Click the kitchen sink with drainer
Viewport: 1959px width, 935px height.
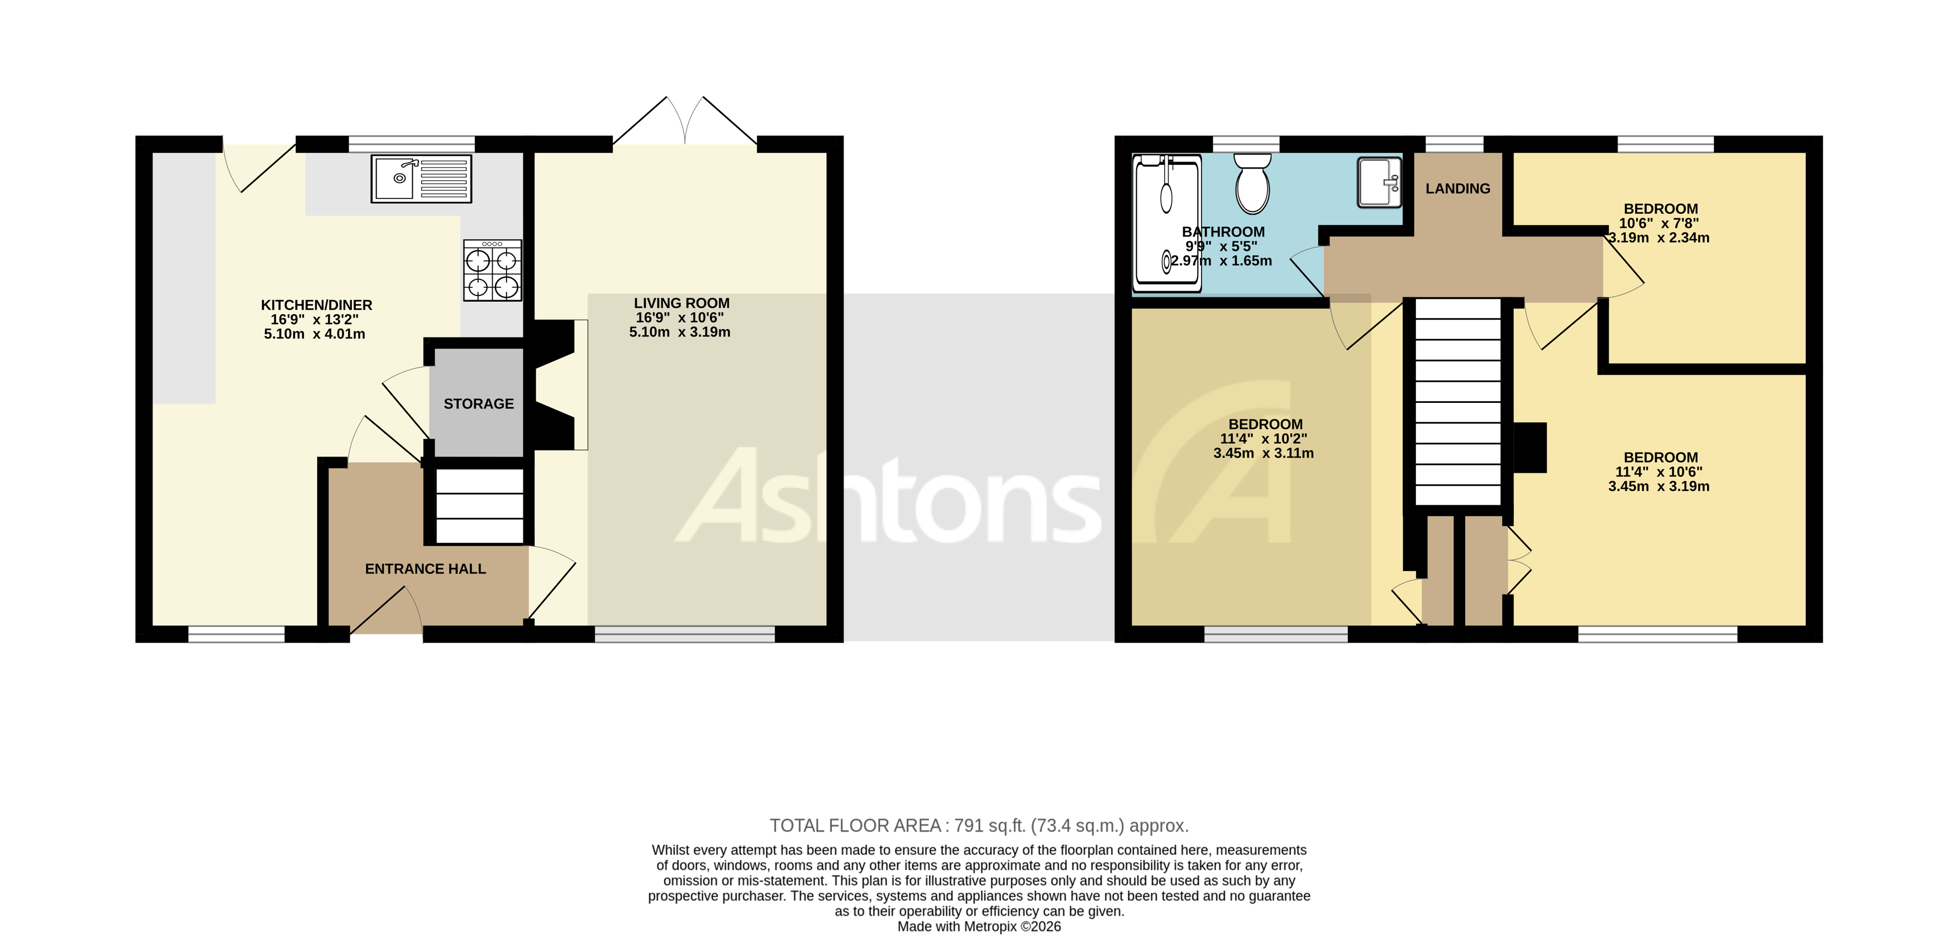(x=421, y=179)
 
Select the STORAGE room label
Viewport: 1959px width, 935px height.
(x=478, y=404)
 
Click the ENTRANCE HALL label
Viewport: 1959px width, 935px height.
(x=425, y=569)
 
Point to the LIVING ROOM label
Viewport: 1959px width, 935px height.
(x=681, y=303)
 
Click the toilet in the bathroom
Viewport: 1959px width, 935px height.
(x=1252, y=183)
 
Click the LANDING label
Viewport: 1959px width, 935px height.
(x=1457, y=189)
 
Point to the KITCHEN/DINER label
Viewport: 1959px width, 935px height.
(x=316, y=305)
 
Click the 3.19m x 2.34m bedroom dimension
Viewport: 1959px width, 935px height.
(x=1658, y=238)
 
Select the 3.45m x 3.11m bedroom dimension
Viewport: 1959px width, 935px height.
(x=1263, y=453)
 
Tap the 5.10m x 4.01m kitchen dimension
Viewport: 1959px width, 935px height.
(x=314, y=334)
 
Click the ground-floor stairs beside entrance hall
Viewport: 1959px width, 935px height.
(x=479, y=506)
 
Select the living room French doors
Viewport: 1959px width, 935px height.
(x=685, y=122)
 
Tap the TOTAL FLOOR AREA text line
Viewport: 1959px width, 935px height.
(x=979, y=825)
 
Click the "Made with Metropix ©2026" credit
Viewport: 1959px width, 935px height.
(x=979, y=927)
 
